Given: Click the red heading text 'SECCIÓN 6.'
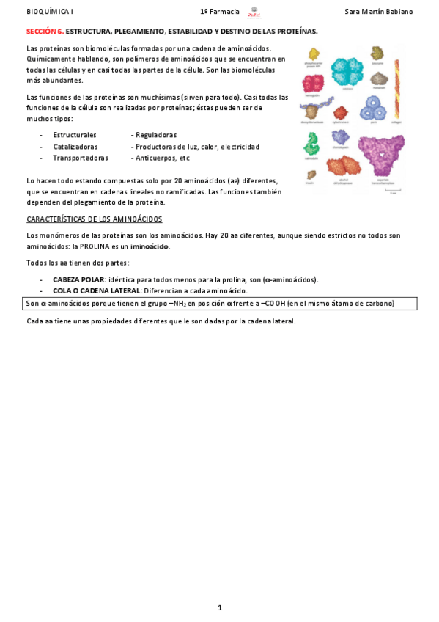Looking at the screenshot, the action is click(45, 32).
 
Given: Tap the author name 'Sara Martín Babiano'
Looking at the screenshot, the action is click(378, 12).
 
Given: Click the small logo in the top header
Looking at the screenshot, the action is click(254, 12).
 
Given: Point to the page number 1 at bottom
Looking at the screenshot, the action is click(219, 607).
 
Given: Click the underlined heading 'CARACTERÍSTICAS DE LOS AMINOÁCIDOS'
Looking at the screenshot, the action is click(94, 219).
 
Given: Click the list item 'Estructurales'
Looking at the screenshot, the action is click(75, 136).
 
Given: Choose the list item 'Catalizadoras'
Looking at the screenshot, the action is click(75, 147).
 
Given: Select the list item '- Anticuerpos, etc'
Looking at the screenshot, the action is click(162, 158).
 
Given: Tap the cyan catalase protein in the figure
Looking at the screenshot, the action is click(347, 70).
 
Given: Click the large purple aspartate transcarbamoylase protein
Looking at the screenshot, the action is click(381, 154).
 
